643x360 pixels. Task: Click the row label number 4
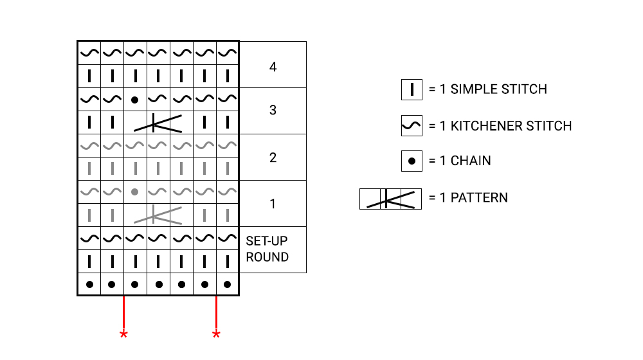tap(273, 66)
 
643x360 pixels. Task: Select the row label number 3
tap(273, 111)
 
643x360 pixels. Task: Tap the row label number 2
tap(273, 157)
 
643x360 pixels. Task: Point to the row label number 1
tap(273, 204)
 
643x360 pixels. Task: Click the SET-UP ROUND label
tap(267, 249)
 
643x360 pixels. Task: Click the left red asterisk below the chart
tap(123, 334)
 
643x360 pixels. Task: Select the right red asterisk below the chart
tap(216, 334)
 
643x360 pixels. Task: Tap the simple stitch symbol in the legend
tap(412, 89)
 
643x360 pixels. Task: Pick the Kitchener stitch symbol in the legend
tap(412, 126)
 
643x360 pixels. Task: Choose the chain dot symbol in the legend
tap(412, 161)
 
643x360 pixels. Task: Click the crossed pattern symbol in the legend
tap(390, 199)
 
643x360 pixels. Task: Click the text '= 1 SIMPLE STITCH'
tap(487, 89)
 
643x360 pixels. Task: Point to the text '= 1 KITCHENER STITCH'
tap(500, 126)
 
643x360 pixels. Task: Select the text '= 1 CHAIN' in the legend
tap(459, 161)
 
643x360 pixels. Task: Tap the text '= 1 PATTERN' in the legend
tap(467, 197)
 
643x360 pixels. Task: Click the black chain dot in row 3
tap(134, 100)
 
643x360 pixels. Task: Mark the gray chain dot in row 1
tap(134, 192)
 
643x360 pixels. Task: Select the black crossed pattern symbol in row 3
tap(158, 123)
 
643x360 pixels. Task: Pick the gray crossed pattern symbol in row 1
tap(158, 215)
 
